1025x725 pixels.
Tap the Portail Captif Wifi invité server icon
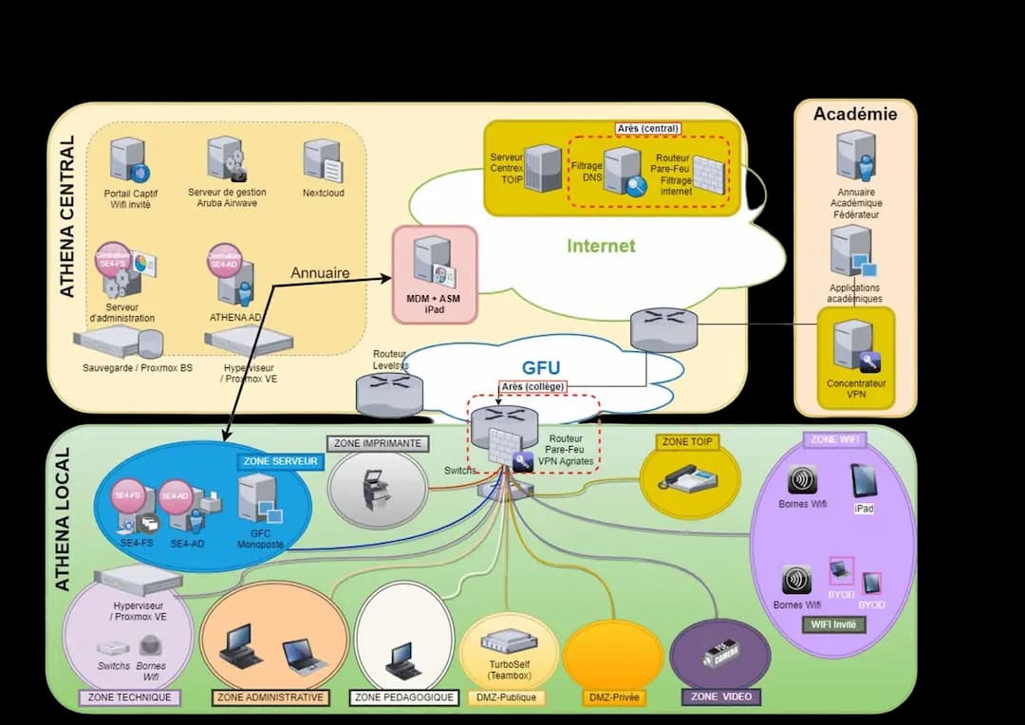pos(127,159)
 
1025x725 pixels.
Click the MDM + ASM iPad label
pos(434,304)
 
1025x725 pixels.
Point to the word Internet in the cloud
pos(601,246)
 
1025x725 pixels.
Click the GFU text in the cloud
pos(540,368)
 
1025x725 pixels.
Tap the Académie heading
pos(854,114)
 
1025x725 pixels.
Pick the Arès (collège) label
pos(533,387)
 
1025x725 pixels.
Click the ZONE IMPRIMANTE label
pos(378,443)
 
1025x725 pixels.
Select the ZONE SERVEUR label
pos(280,462)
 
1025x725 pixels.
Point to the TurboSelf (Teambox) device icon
pos(509,641)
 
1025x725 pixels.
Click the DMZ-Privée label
pos(612,697)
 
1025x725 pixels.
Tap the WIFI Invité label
pos(833,623)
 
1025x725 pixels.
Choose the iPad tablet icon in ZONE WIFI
pos(864,480)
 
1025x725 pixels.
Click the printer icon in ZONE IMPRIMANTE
pos(377,489)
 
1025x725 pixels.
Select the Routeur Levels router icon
pos(389,392)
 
